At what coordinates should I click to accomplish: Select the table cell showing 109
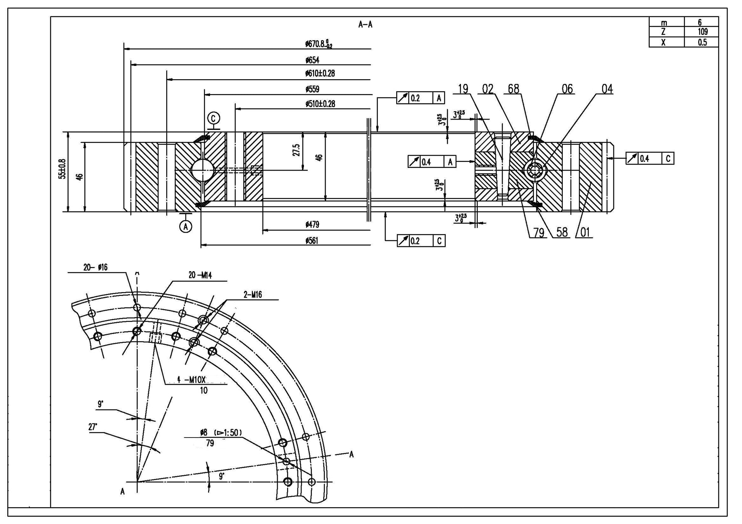(x=702, y=32)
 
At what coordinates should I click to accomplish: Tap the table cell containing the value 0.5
(x=702, y=42)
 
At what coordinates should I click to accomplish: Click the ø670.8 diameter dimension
(x=318, y=44)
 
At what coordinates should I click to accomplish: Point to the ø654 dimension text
(x=312, y=60)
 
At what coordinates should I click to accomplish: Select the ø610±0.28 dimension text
(x=320, y=73)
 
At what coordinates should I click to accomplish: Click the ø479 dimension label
(x=312, y=225)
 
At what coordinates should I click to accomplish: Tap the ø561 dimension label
(x=312, y=241)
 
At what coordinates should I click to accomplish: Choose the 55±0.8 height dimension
(x=62, y=169)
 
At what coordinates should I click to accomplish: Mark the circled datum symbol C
(x=214, y=118)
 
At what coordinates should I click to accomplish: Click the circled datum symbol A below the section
(x=186, y=227)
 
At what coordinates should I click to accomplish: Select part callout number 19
(x=463, y=89)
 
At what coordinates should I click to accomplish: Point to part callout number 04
(x=607, y=89)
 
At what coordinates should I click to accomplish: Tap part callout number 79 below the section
(x=539, y=232)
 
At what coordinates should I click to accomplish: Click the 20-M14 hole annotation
(x=200, y=275)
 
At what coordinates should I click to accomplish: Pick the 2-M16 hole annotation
(x=253, y=295)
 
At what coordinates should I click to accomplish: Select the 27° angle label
(x=93, y=427)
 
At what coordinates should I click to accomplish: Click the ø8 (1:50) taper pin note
(x=221, y=432)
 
